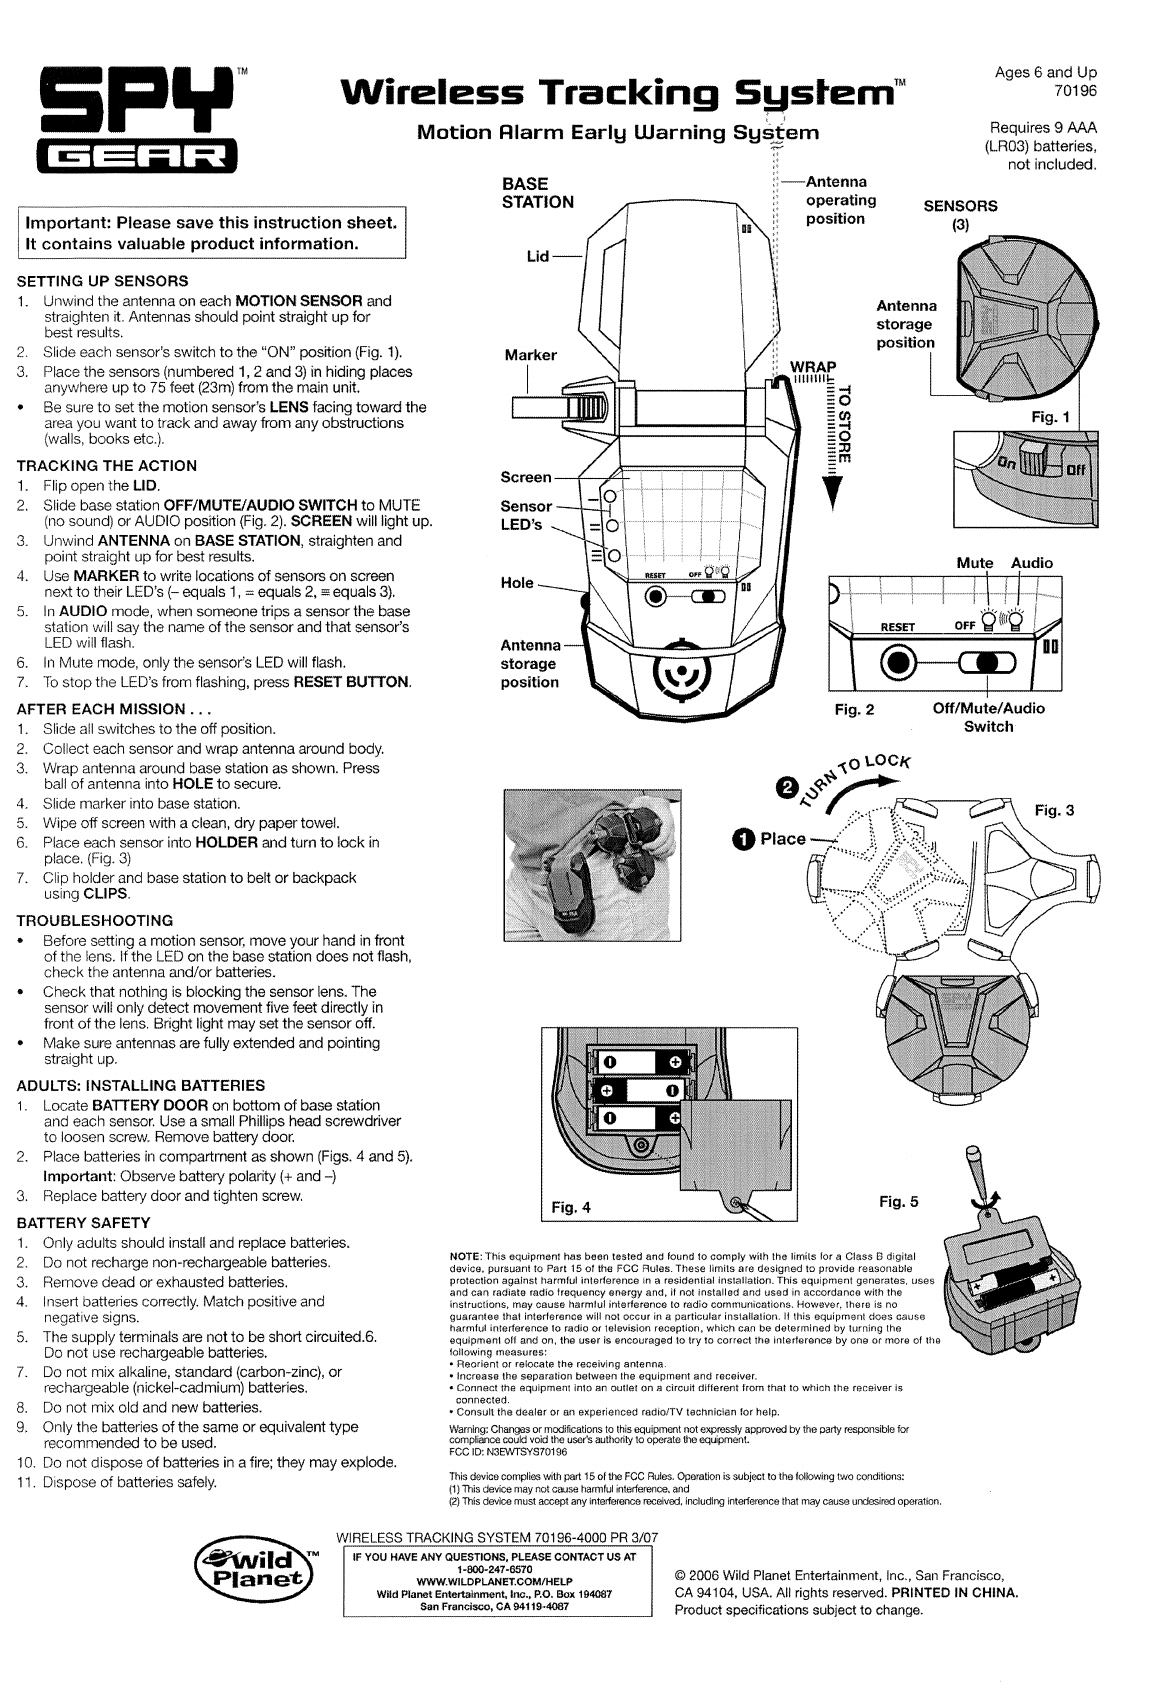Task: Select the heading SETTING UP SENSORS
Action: [x=103, y=280]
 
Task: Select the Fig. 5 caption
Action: [x=899, y=1201]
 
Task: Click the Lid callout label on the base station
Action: [x=538, y=257]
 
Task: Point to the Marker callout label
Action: [x=531, y=355]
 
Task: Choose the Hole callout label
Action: [x=517, y=583]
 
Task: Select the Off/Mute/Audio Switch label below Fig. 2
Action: [x=988, y=717]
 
